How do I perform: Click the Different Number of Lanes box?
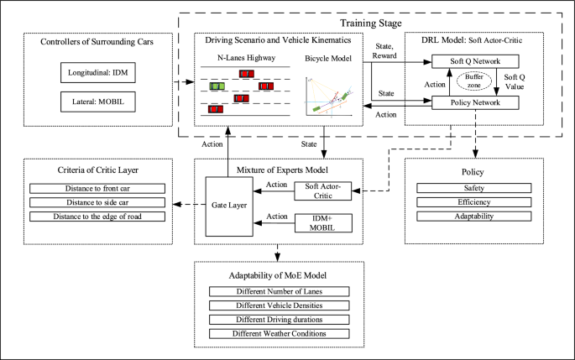coord(278,291)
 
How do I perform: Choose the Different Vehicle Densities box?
coord(278,305)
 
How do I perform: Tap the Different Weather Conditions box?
coord(278,333)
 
